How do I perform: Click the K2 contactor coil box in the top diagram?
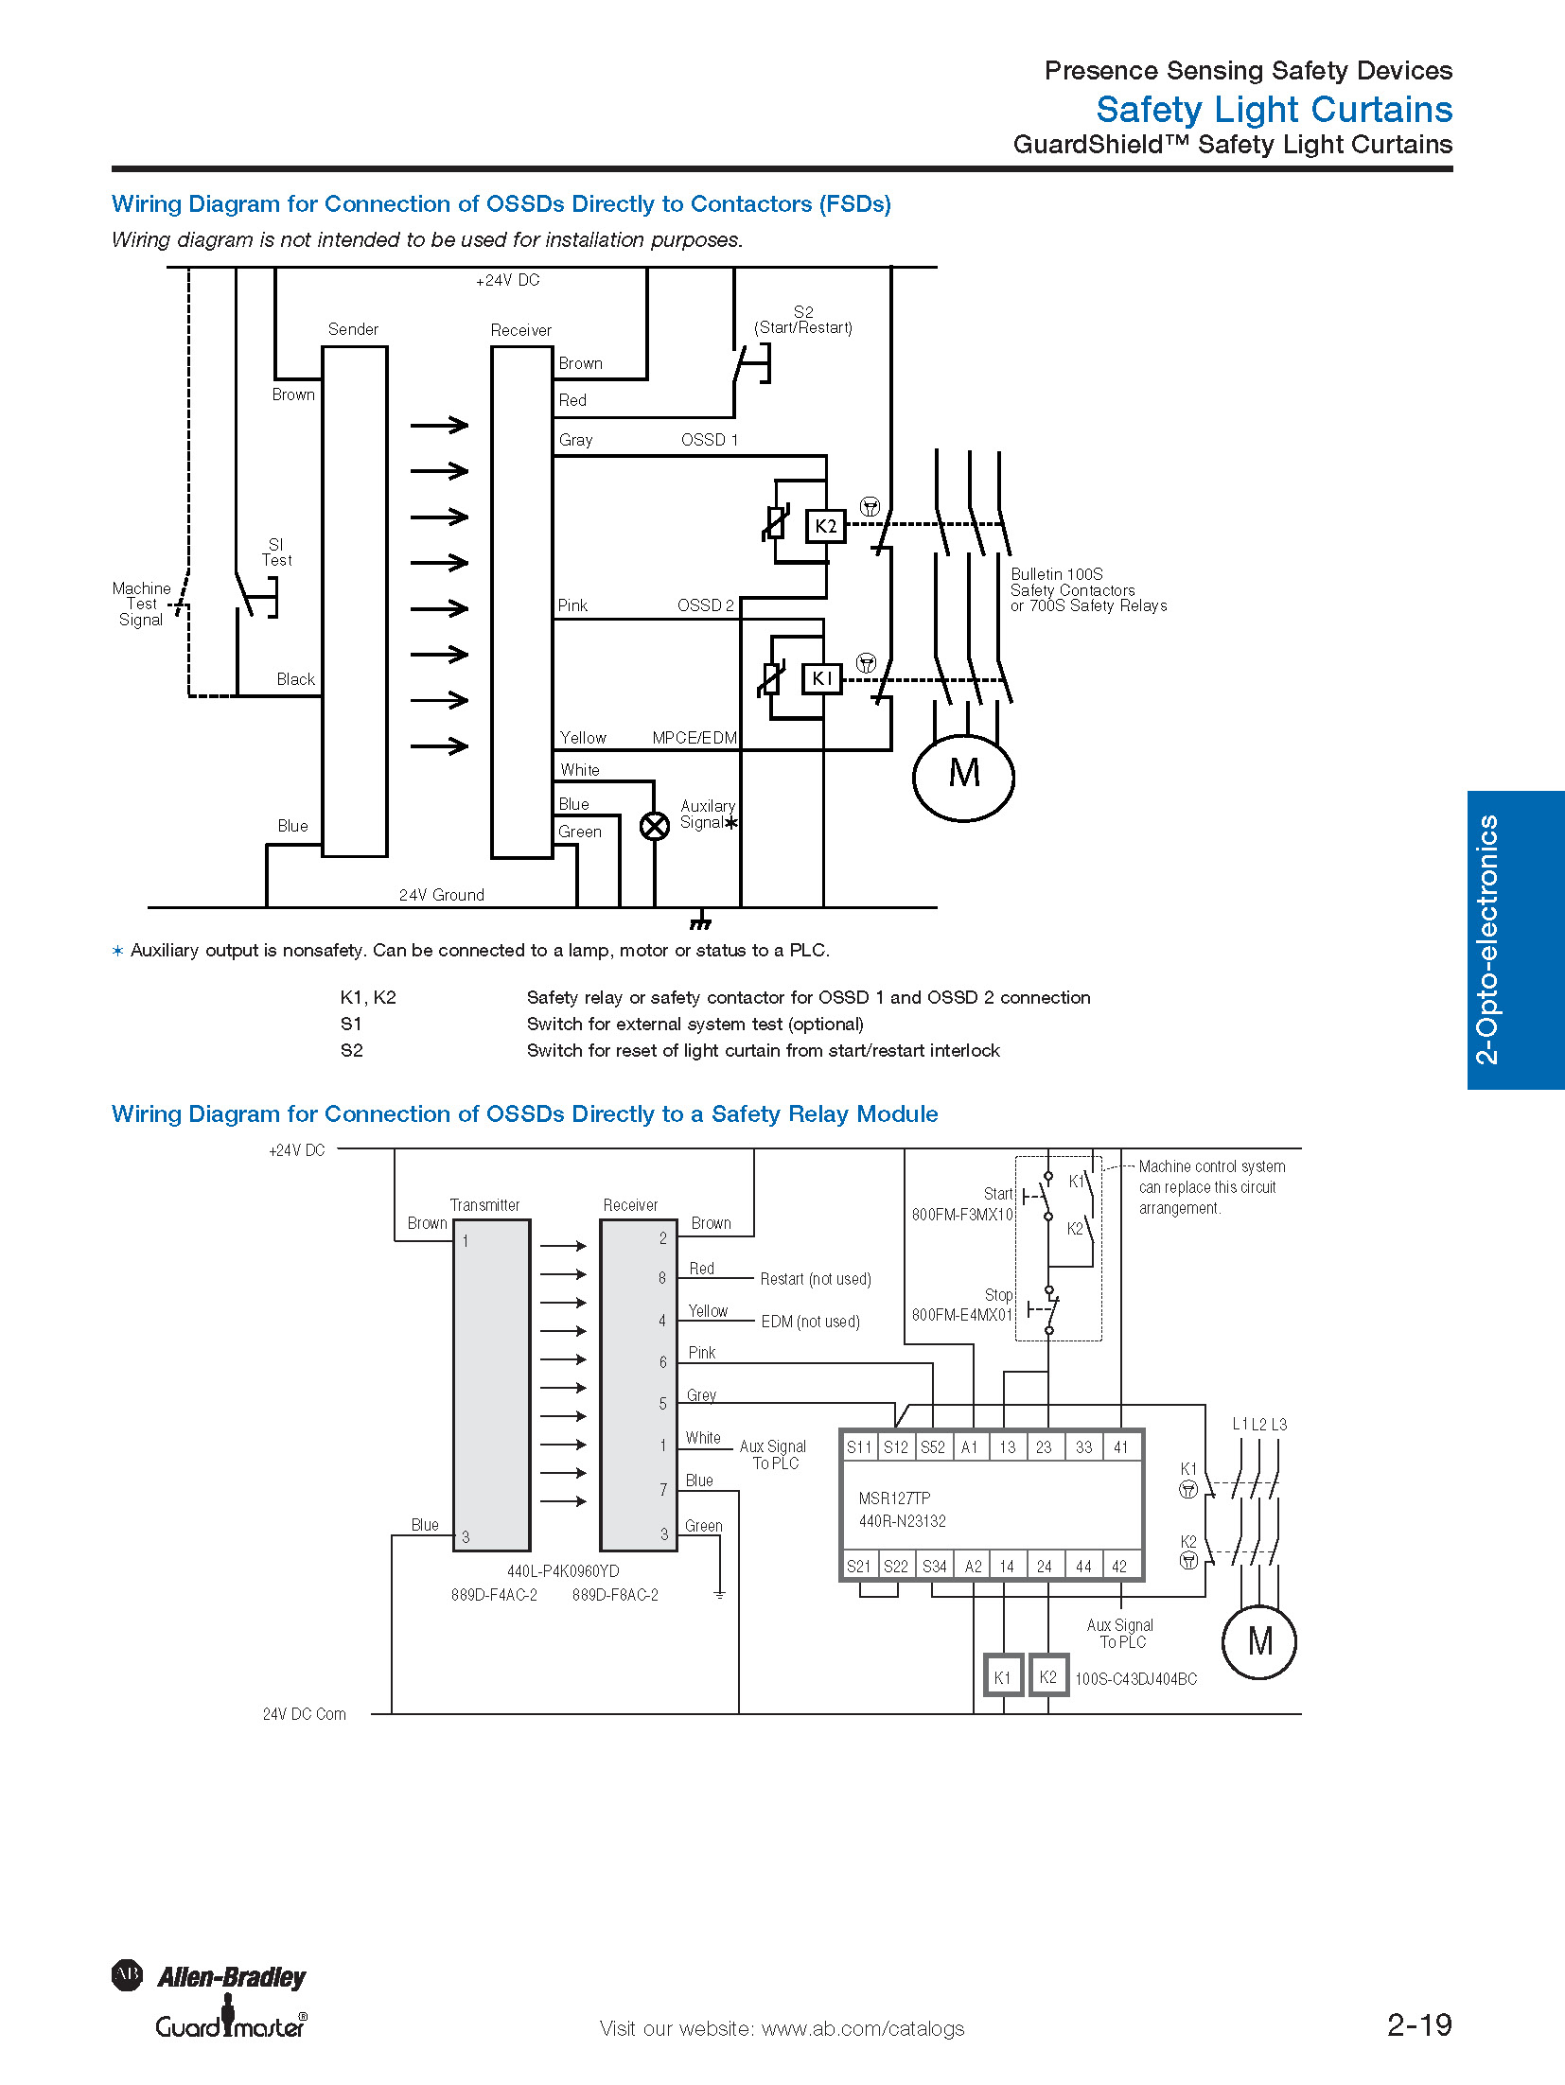[x=825, y=526]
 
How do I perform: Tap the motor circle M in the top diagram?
[x=963, y=777]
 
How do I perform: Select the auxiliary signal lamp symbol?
[x=655, y=826]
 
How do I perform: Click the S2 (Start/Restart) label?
[x=803, y=320]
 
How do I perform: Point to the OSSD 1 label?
[x=709, y=440]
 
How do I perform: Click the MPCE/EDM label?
[x=695, y=738]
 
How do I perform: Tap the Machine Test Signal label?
[x=141, y=604]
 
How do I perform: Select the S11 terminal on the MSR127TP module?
[x=859, y=1446]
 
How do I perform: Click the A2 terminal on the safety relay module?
[x=973, y=1566]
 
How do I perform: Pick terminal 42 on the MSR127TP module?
[x=1119, y=1566]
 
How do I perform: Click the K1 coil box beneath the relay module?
[x=1002, y=1677]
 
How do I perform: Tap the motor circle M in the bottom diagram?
[x=1259, y=1641]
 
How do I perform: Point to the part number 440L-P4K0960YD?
[x=563, y=1571]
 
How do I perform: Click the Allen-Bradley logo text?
[x=232, y=1976]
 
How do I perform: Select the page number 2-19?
[x=1419, y=2024]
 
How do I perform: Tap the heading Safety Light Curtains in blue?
[x=1274, y=110]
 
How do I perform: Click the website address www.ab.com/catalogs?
[x=863, y=2028]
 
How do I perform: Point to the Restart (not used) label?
[x=816, y=1279]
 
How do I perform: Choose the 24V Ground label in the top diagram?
[x=441, y=895]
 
